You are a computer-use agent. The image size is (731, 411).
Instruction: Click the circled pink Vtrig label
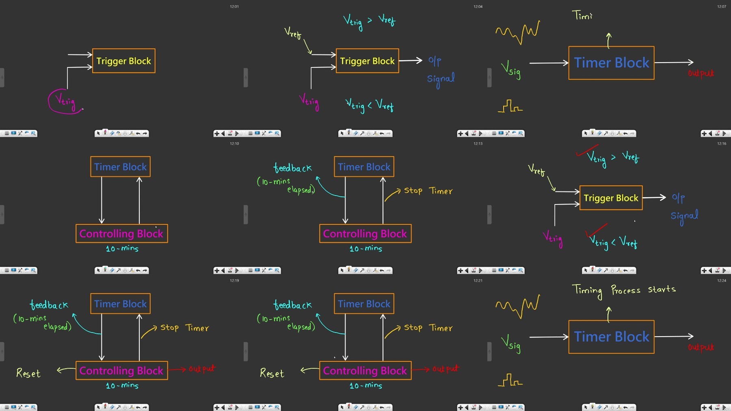point(65,101)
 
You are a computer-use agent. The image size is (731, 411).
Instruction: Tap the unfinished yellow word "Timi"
point(582,15)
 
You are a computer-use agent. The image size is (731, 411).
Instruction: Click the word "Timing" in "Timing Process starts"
point(587,291)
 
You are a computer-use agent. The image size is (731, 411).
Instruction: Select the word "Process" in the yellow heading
point(626,290)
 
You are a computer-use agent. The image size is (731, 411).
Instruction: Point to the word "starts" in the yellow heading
point(662,289)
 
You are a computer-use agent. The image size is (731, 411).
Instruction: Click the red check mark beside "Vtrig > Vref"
point(587,150)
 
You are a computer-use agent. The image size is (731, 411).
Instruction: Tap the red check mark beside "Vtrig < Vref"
point(596,231)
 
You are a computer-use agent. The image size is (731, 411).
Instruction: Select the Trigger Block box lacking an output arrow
point(124,61)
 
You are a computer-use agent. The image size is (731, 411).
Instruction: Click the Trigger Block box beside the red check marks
point(611,198)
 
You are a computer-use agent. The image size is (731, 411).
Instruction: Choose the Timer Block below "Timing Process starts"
point(611,337)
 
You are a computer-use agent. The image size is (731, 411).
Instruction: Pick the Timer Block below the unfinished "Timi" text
point(611,63)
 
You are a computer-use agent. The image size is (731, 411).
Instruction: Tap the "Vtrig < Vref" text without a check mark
point(370,105)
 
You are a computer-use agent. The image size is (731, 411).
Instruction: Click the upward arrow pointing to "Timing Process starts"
point(608,315)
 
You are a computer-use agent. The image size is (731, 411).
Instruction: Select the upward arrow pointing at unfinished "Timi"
point(608,41)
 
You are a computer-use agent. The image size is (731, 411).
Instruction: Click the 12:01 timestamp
point(234,7)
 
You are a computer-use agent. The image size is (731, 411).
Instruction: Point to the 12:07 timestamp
point(722,7)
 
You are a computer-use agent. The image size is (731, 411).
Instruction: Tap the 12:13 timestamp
point(478,144)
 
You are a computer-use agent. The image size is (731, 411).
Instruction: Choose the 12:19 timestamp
point(234,281)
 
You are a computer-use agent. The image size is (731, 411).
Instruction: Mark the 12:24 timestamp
point(722,281)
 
